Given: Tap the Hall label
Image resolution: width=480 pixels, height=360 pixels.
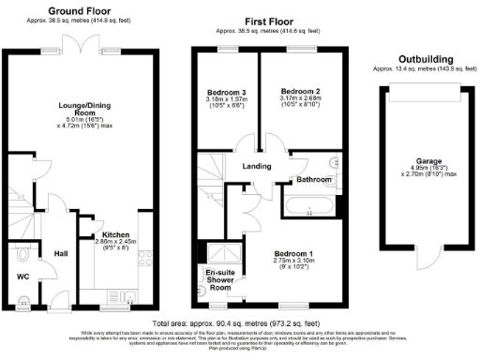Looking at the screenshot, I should click(60, 253).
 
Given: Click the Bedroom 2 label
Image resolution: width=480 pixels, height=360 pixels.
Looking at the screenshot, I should click(301, 92).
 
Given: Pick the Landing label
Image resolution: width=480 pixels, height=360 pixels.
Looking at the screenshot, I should click(257, 166).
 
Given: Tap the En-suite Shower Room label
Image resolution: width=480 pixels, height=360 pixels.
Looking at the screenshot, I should click(218, 280).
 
